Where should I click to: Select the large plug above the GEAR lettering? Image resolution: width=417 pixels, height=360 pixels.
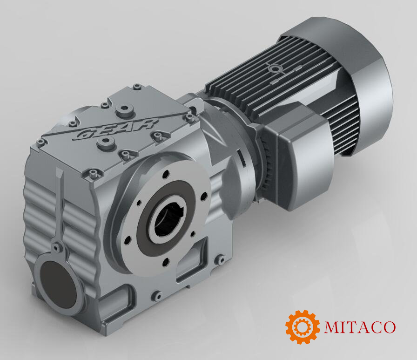coord(123,110)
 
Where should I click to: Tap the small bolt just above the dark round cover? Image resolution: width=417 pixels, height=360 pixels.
coord(56,247)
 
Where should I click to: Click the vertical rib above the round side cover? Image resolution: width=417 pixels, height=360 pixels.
coord(60,205)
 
